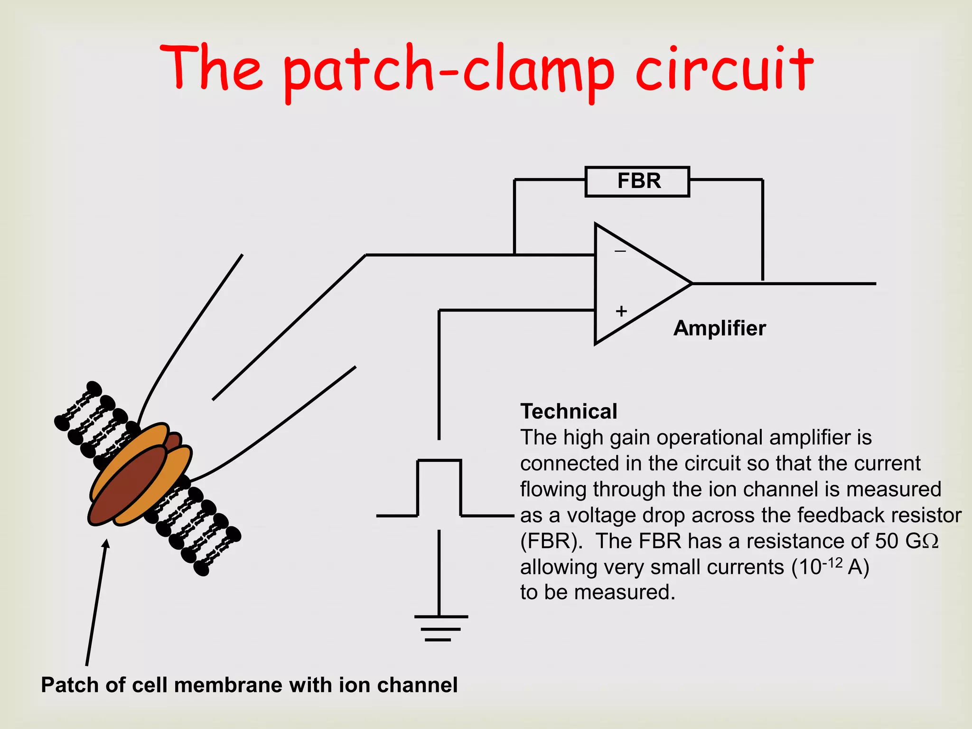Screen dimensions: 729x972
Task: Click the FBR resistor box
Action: click(637, 181)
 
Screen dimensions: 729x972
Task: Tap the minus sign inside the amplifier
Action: click(620, 251)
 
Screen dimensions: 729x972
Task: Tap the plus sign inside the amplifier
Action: click(621, 311)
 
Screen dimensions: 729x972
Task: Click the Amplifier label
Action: click(720, 328)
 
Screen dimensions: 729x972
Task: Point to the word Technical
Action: click(569, 411)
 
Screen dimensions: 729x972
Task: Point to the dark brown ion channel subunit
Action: click(127, 486)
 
